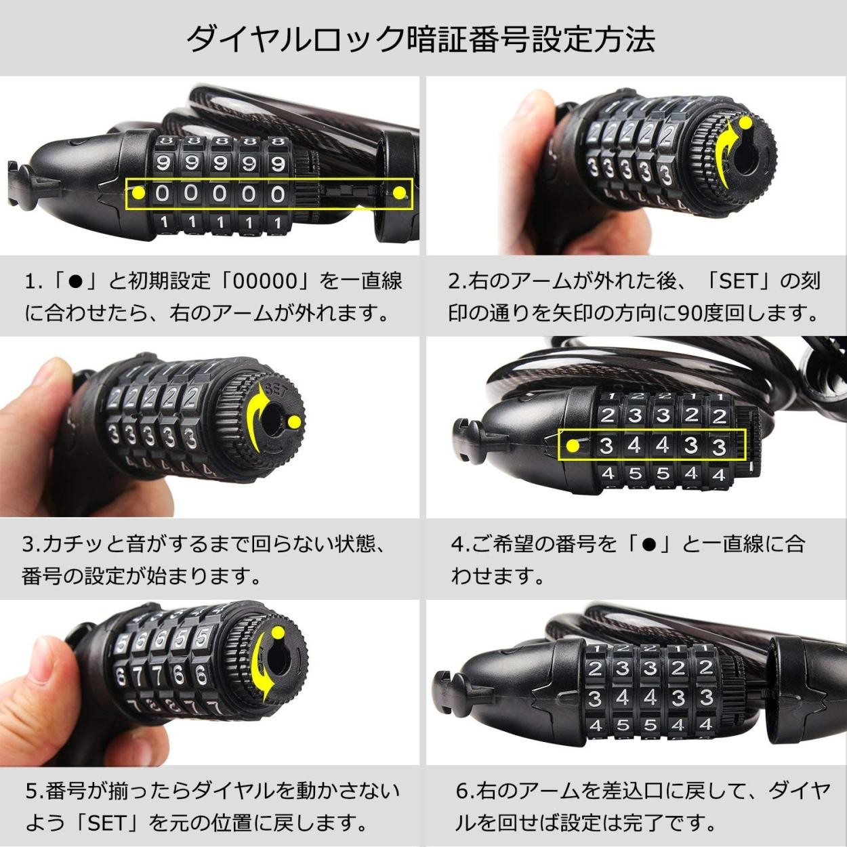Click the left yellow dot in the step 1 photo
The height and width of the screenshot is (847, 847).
click(x=139, y=192)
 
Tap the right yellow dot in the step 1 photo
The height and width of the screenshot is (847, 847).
click(x=398, y=192)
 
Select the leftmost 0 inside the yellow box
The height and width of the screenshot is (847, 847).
click(x=163, y=193)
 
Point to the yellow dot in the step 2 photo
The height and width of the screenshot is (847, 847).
click(x=745, y=123)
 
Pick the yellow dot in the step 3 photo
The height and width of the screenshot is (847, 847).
click(x=295, y=423)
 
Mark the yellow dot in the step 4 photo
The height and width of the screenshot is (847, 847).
click(x=573, y=447)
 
